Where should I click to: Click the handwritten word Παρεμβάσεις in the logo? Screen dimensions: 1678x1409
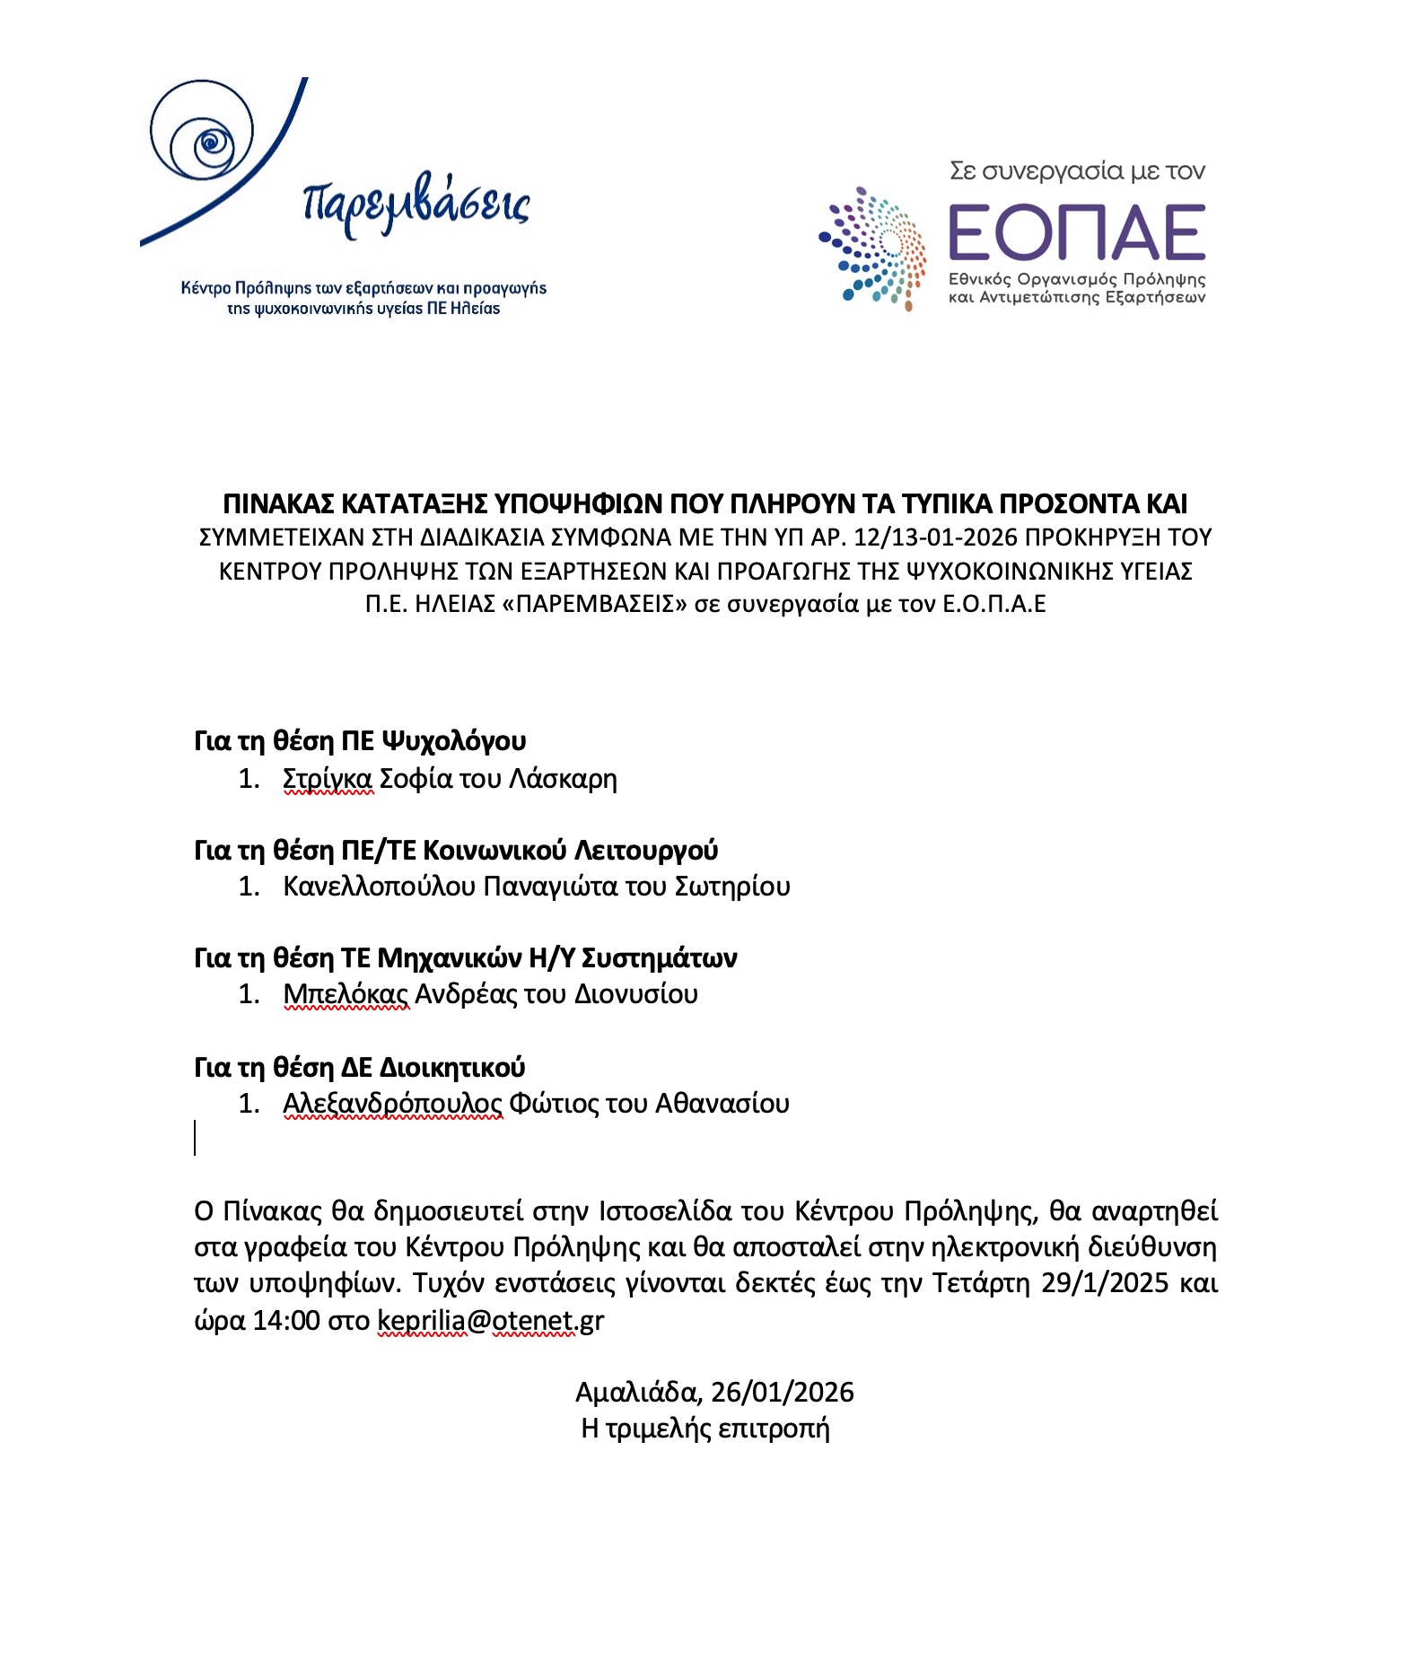416,205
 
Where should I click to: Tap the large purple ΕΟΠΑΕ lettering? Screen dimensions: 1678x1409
1076,232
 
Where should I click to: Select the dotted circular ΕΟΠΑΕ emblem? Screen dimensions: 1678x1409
874,248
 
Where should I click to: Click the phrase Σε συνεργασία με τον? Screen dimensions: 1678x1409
1077,170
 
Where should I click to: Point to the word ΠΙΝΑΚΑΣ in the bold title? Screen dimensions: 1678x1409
278,503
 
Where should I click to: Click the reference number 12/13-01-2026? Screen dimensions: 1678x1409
935,537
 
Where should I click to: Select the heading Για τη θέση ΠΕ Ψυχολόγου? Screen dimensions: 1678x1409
360,741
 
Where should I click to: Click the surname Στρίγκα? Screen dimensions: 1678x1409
327,778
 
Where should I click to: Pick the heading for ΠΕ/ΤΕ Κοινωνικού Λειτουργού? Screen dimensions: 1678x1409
456,850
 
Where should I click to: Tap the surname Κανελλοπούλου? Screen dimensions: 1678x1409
379,887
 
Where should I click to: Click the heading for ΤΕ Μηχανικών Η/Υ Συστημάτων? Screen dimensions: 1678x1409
466,958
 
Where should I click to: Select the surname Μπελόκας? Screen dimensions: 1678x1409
346,994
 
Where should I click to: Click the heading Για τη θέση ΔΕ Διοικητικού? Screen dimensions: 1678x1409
359,1067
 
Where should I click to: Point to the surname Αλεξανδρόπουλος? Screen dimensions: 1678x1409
392,1103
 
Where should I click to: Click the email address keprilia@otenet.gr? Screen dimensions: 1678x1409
490,1321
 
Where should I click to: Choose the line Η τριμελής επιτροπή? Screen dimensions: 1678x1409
704,1428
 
